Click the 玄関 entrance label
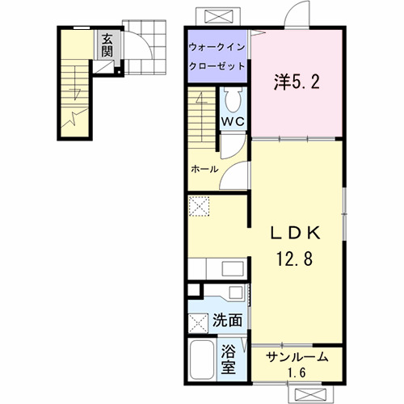107,46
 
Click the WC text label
234,121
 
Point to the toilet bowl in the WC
234,100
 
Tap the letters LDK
296,234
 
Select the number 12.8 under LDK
296,259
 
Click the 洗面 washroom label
227,320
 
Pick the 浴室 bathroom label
230,361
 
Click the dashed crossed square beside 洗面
198,323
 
